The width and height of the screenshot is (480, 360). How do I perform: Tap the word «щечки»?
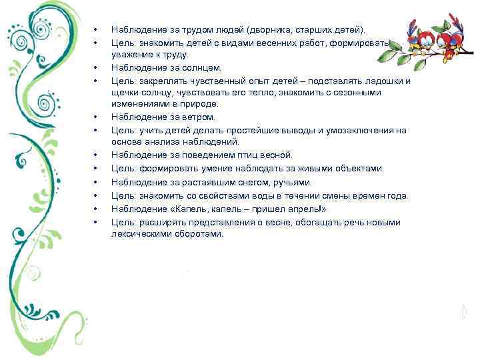click(125, 93)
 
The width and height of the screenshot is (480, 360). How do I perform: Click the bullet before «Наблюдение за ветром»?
click(95, 118)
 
